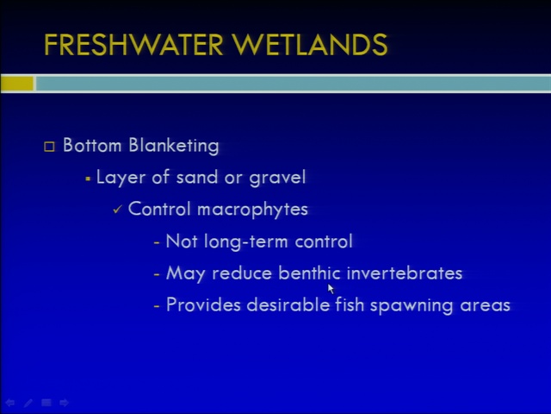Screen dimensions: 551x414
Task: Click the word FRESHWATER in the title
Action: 133,45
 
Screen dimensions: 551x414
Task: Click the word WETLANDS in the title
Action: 311,45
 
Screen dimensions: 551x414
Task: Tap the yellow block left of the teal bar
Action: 17,84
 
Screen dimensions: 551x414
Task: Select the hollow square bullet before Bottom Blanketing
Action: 49,146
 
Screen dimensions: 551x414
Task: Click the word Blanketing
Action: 174,146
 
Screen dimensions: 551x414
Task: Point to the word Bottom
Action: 92,145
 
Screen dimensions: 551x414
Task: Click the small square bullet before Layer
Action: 88,179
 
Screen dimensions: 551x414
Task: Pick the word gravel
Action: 277,178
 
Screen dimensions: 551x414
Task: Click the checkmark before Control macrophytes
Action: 117,210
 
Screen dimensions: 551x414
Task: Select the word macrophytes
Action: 252,210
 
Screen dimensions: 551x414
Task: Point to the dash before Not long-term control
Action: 157,242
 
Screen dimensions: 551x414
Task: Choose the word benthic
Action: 309,273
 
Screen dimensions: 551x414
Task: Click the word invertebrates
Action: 405,273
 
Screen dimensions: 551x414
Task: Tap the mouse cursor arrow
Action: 331,289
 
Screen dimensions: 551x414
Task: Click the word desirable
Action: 288,304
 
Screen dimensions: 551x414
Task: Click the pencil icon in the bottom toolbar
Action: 28,403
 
